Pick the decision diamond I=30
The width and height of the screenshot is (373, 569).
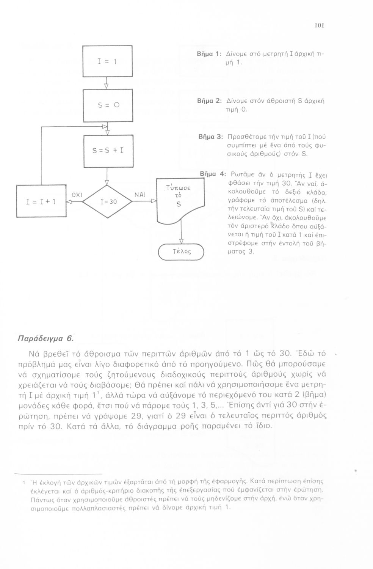[107, 202]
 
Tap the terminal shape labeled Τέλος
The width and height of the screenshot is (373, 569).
[181, 251]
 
